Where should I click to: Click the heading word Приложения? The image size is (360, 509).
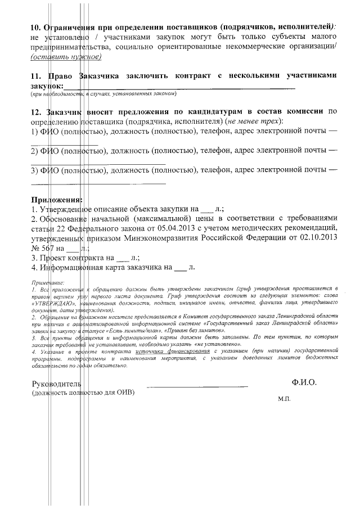click(57, 199)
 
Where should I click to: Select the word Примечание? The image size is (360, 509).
click(48, 281)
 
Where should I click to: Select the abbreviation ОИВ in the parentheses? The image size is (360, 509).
click(124, 393)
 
